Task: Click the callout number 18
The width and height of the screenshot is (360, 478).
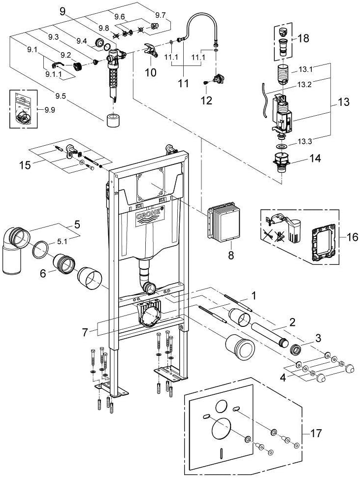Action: tap(303, 38)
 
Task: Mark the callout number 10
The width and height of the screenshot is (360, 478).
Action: tap(150, 72)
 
